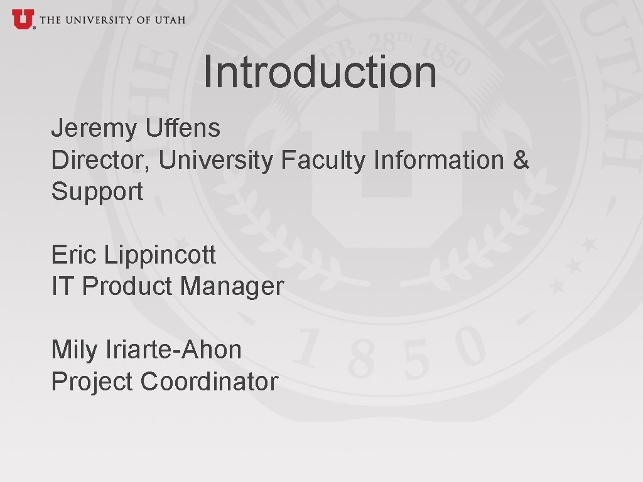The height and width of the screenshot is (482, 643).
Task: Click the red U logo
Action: [22, 19]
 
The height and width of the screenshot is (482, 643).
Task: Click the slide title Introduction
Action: [320, 72]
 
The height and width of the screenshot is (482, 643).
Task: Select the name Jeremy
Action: [94, 129]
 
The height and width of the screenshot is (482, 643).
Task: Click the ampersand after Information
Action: [521, 161]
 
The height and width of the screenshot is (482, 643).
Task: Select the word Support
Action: [97, 192]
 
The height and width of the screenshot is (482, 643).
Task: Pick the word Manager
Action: [232, 287]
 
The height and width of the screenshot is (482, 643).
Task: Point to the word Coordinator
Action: [209, 382]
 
